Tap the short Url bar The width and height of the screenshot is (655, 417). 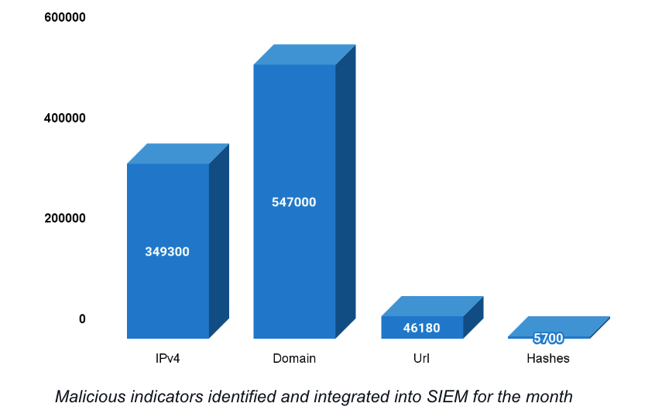point(422,327)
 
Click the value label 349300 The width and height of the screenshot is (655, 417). point(167,252)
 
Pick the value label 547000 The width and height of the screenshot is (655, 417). point(294,202)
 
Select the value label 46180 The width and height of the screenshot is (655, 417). point(422,329)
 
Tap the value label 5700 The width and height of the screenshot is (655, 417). point(548,339)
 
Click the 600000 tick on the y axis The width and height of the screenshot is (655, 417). point(64,17)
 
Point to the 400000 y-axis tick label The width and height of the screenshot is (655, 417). point(64,118)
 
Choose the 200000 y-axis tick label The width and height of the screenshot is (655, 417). point(64,219)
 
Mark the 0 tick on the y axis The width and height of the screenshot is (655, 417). point(82,319)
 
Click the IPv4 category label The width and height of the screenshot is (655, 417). point(167,359)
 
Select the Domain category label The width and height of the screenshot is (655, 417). point(294,359)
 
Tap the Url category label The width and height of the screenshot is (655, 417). point(422,359)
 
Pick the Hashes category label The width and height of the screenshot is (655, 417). point(548,359)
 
